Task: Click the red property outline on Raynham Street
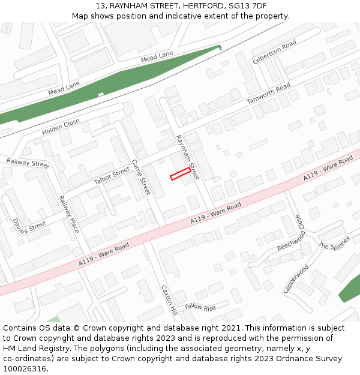180,174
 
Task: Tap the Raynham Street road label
187,157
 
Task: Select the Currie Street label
141,176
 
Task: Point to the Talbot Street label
112,176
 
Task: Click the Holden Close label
61,127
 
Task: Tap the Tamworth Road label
268,94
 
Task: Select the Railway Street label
28,163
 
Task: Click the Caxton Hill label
169,300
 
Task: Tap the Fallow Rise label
200,308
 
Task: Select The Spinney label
334,245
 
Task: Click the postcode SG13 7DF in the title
248,6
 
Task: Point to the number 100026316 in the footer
25,368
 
